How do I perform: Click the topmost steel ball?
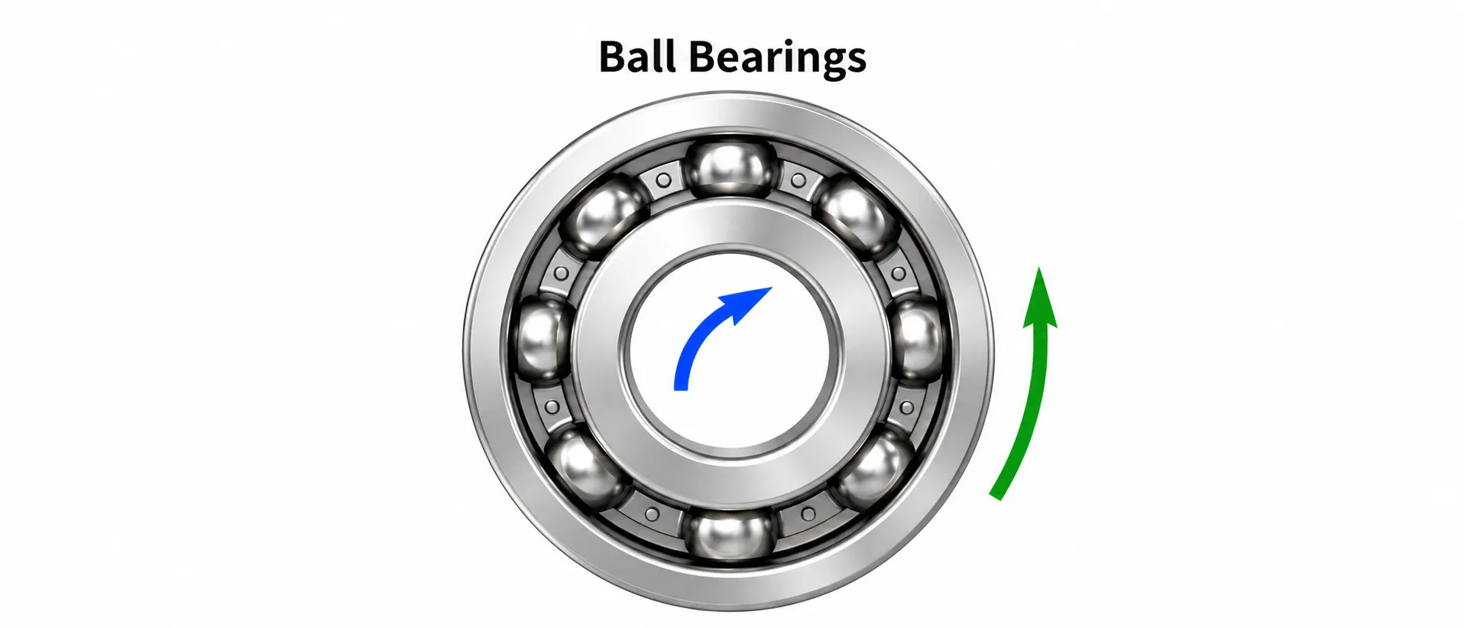tap(731, 166)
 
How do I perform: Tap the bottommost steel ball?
tap(730, 536)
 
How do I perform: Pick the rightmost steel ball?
tap(919, 339)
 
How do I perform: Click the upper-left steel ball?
tap(604, 216)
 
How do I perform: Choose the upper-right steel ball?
tap(857, 216)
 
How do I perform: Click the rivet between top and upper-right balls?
tap(798, 181)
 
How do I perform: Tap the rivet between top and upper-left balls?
tap(664, 181)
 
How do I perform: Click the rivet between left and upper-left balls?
tap(561, 273)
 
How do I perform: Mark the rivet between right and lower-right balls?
tap(907, 408)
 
